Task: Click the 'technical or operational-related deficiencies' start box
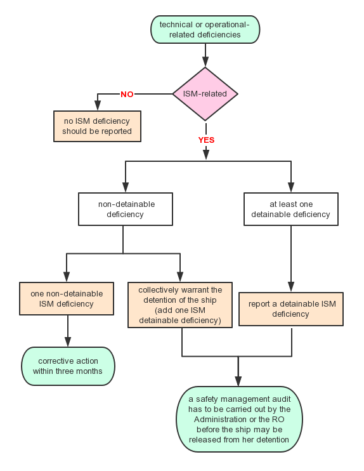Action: tap(205, 29)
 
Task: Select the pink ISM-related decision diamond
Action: tap(205, 94)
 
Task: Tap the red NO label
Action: tap(127, 95)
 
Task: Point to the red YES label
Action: tap(206, 140)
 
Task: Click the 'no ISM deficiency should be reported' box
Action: tap(97, 126)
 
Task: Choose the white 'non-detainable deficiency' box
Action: tap(126, 209)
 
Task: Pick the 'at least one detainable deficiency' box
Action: tap(291, 209)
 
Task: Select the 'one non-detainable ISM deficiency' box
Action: tap(67, 298)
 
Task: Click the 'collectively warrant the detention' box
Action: tap(180, 305)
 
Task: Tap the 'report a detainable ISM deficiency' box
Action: tap(291, 308)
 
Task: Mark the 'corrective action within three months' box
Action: tap(68, 366)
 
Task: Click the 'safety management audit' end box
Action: tap(239, 420)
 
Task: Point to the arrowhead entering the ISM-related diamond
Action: tap(205, 61)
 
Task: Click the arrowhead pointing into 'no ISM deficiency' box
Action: tap(98, 105)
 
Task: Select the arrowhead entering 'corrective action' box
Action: tap(68, 342)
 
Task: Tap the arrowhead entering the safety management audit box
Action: tap(238, 381)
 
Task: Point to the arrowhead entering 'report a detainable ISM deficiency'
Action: tap(291, 286)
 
